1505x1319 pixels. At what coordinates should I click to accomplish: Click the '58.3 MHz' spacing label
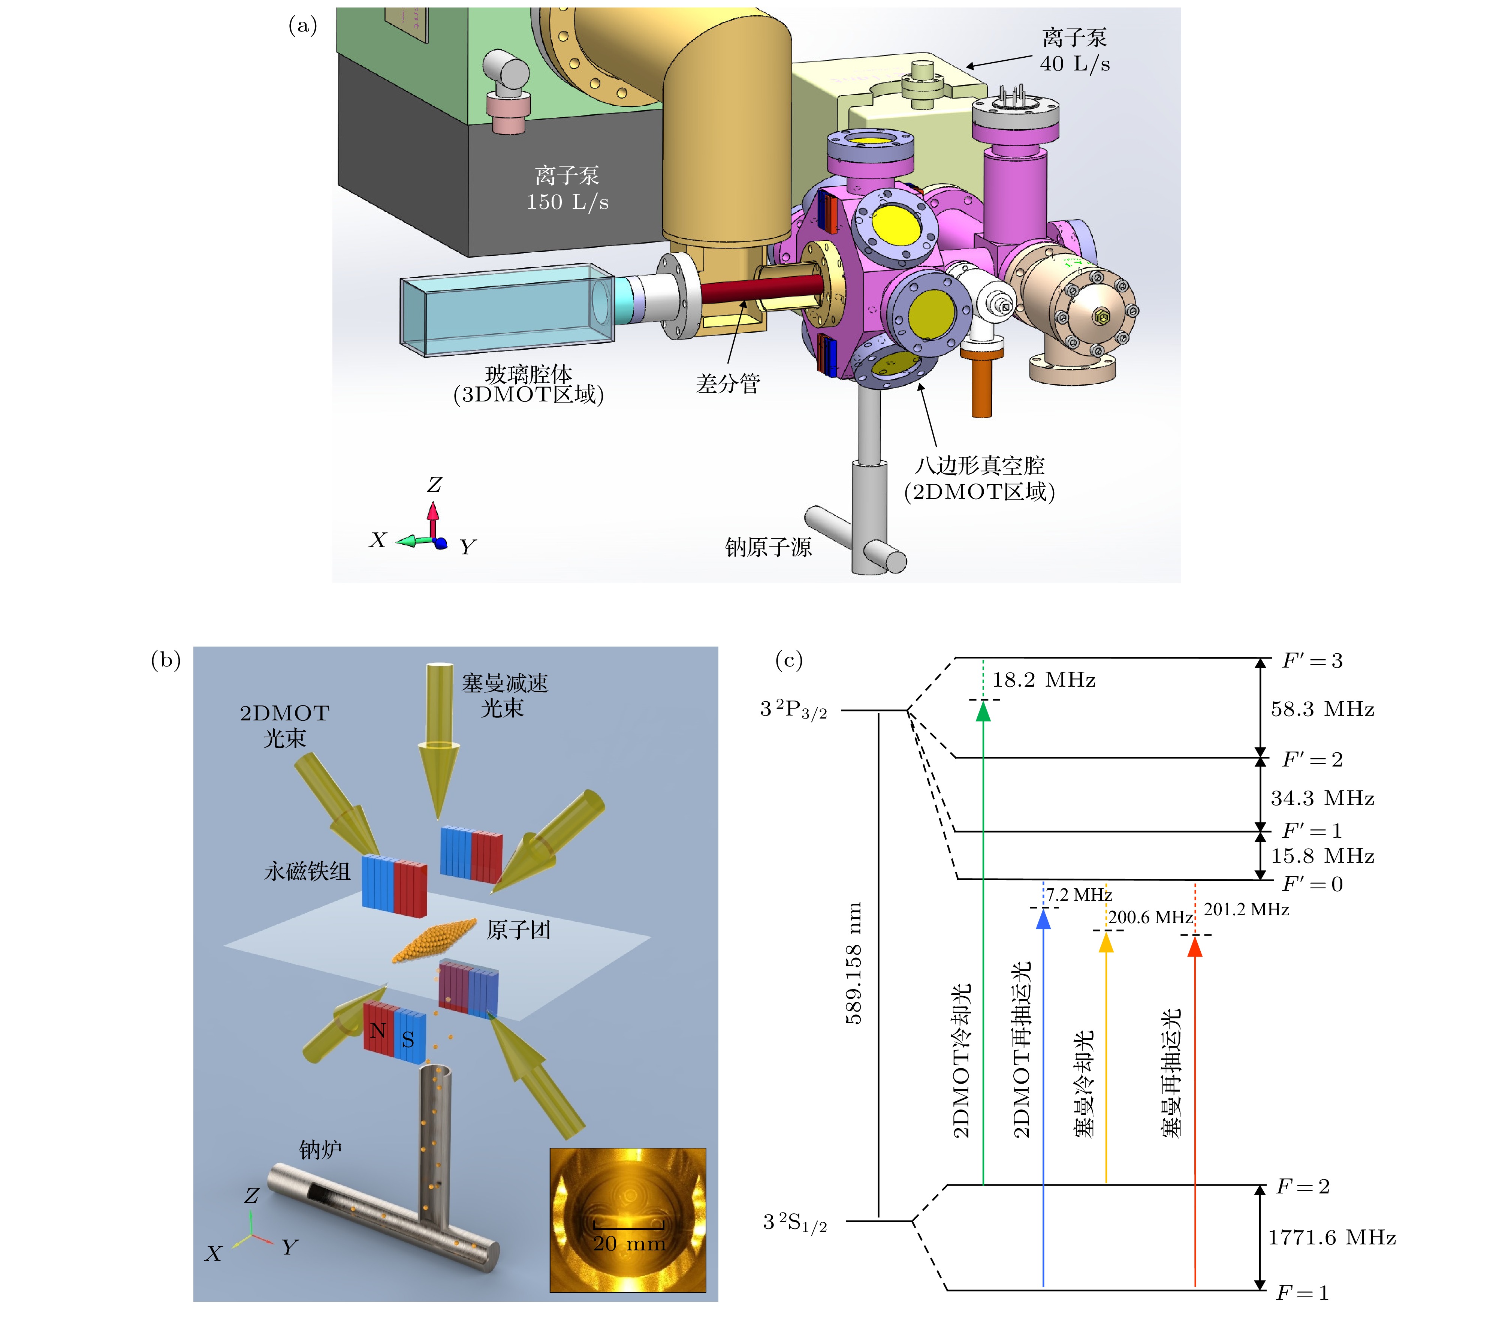[1322, 709]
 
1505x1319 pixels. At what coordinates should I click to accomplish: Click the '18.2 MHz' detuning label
[1044, 680]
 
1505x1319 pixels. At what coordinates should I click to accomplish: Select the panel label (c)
[789, 660]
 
